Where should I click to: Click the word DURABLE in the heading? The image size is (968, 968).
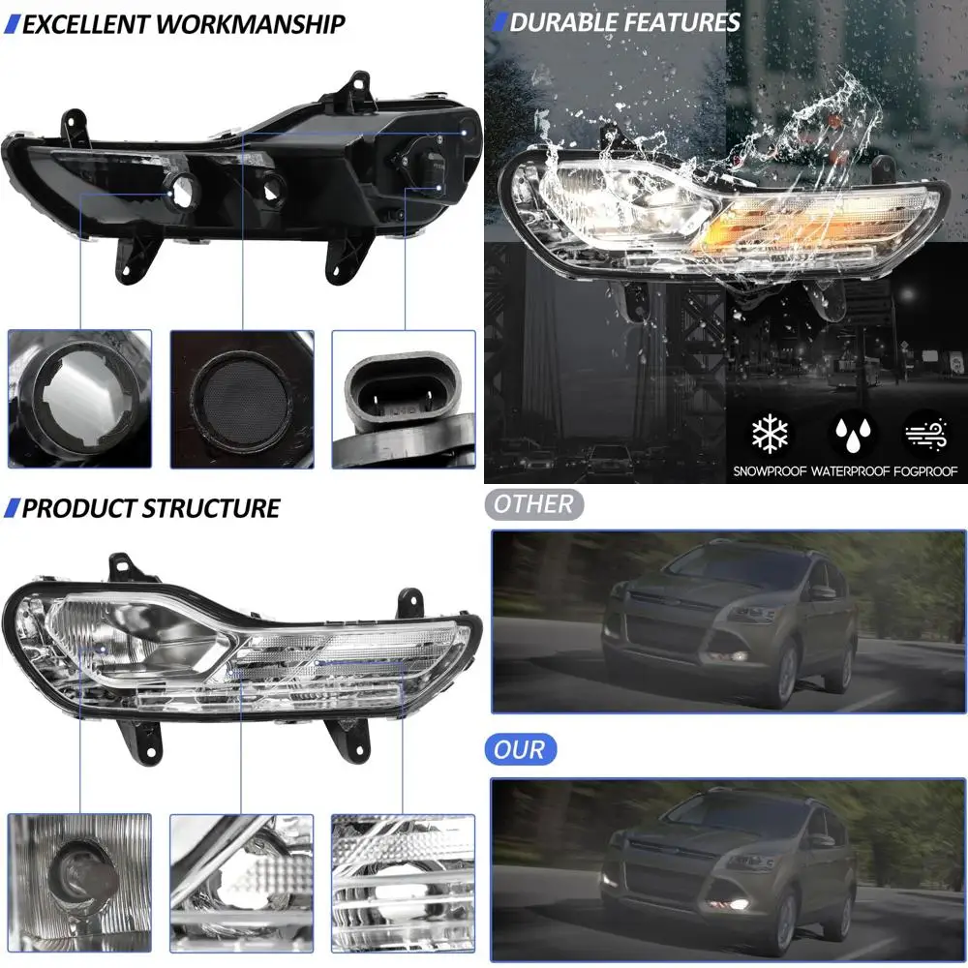coord(560,22)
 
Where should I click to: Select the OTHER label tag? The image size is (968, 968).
coord(533,504)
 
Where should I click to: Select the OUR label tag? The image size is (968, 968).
coord(519,749)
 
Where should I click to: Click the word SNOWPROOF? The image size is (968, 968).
coord(769,471)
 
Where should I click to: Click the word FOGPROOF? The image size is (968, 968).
coord(928,471)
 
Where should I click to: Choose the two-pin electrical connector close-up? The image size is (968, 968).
coord(403,399)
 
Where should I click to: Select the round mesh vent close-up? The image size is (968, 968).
coord(241,399)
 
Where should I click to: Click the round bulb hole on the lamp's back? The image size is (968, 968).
coord(180,190)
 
